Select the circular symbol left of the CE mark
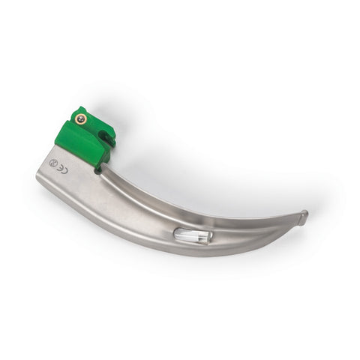pyautogui.click(x=52, y=162)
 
